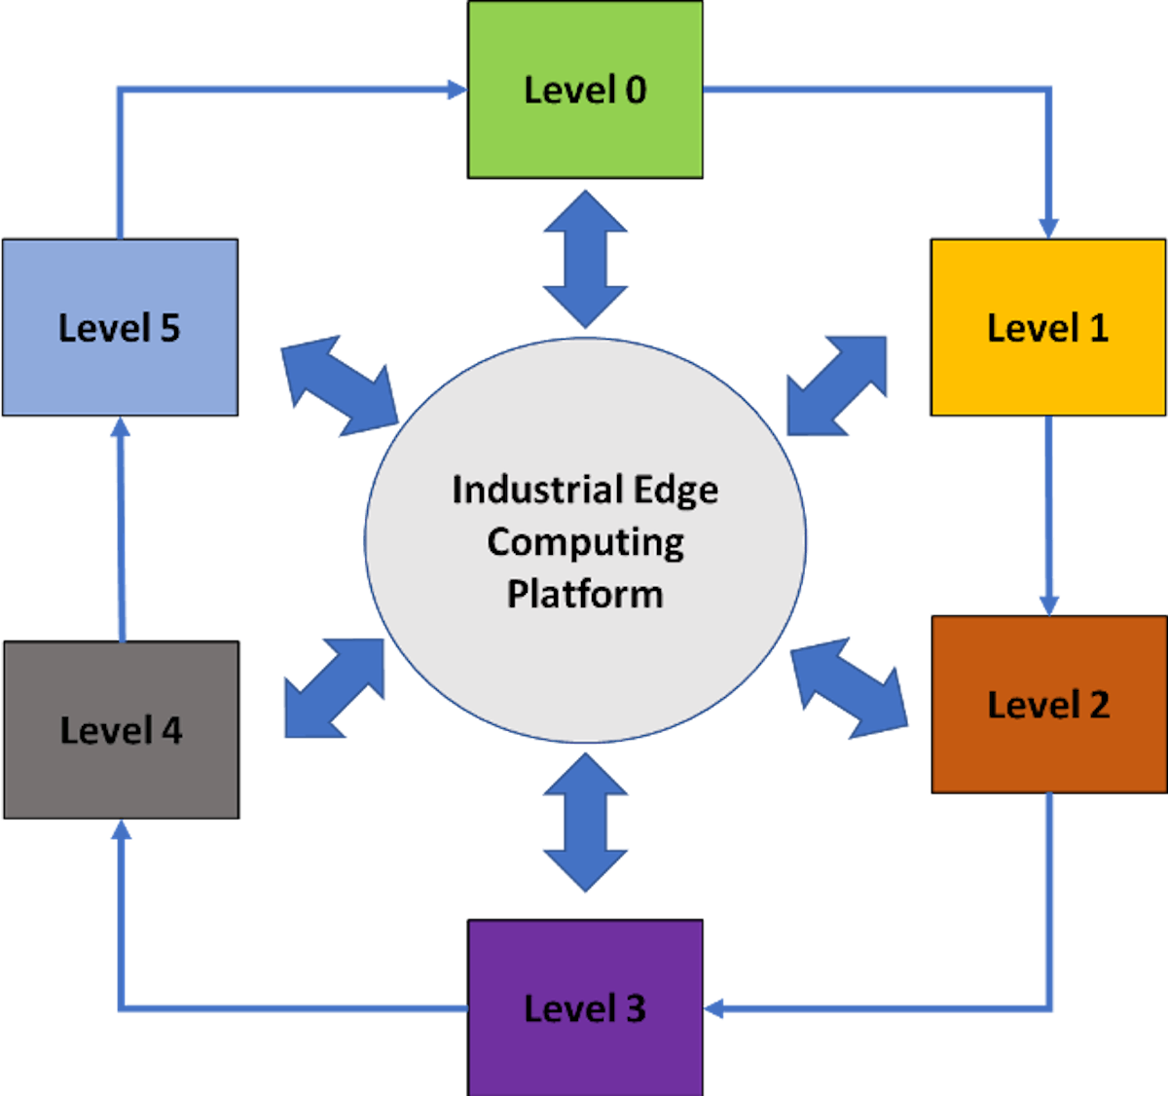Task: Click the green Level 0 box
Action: tap(585, 90)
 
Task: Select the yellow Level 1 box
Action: tap(1047, 327)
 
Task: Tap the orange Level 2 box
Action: tap(1048, 704)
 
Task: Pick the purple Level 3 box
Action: tap(585, 1007)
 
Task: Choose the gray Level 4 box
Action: tap(121, 729)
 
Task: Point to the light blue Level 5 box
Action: tap(120, 327)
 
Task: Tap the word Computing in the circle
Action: tap(585, 542)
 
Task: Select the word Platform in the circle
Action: tap(585, 594)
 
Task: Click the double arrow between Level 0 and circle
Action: tap(585, 259)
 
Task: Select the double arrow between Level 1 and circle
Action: tap(837, 385)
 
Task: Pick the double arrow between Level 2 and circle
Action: tap(849, 688)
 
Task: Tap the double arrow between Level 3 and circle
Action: tap(585, 822)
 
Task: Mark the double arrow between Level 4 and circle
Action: tap(335, 688)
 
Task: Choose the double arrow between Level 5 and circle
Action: tap(339, 386)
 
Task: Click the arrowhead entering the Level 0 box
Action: tap(456, 90)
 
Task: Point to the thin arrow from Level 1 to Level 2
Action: tap(1048, 516)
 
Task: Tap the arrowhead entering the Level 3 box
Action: tap(715, 1007)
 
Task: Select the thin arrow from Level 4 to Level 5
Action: tap(121, 530)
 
